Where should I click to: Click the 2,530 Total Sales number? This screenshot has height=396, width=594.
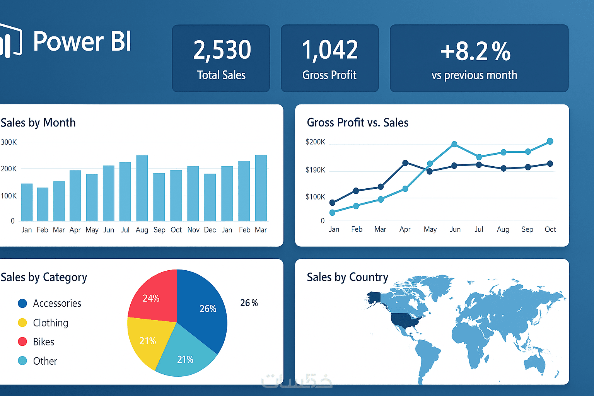tap(222, 50)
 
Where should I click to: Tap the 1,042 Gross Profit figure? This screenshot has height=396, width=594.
tap(330, 50)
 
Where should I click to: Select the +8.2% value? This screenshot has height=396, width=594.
tap(476, 51)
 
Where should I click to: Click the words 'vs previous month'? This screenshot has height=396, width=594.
tap(474, 75)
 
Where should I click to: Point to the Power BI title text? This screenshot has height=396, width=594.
tap(82, 41)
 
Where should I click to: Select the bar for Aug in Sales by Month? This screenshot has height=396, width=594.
tap(142, 188)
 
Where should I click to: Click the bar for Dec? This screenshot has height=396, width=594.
tap(210, 197)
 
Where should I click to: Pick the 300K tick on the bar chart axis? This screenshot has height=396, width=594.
tap(9, 142)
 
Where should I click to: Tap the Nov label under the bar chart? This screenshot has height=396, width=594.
tap(193, 230)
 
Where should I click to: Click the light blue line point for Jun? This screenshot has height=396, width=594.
tap(454, 144)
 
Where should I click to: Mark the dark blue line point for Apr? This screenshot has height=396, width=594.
tap(405, 163)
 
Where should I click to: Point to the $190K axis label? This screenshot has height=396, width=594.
tap(315, 170)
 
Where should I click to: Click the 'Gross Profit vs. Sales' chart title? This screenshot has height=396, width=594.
tap(357, 123)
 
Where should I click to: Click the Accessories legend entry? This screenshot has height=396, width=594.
tap(57, 303)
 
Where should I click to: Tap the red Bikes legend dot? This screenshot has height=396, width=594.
tap(22, 341)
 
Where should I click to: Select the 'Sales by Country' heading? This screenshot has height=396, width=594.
tap(347, 277)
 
